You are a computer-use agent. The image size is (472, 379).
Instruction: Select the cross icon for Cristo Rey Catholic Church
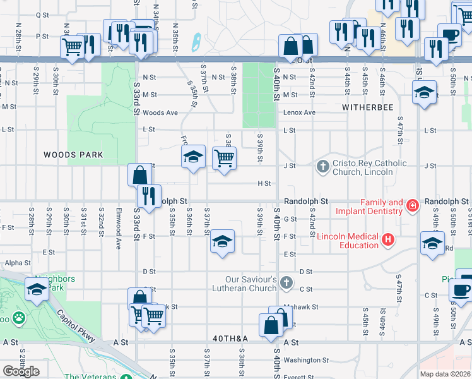[322, 167]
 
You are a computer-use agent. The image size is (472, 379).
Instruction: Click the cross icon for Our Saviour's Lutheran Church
[286, 282]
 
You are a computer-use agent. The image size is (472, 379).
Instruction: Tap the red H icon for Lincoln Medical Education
[388, 240]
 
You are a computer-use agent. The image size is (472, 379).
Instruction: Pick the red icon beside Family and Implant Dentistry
[412, 205]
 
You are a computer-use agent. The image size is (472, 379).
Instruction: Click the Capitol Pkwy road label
[76, 326]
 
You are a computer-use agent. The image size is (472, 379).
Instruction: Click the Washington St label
[302, 360]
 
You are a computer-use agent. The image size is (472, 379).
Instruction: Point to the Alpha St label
[18, 262]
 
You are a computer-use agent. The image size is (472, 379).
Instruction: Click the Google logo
[20, 371]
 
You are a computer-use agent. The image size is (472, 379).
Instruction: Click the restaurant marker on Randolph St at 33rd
[149, 195]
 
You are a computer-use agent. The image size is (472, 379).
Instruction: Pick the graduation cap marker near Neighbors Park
[37, 289]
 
